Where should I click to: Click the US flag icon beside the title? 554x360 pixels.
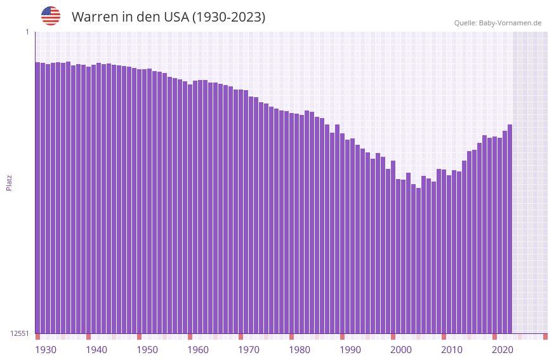point(51,16)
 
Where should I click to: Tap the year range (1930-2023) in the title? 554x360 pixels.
point(228,17)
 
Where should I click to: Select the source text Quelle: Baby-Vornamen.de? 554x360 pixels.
point(498,23)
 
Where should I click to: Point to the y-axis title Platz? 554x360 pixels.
point(9,182)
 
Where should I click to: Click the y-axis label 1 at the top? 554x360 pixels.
point(27,32)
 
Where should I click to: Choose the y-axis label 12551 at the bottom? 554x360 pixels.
point(18,333)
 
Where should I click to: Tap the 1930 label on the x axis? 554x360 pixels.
point(46,350)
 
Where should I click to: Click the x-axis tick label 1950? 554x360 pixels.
point(147,350)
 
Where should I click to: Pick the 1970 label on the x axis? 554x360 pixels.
point(249,350)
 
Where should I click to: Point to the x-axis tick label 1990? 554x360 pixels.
point(350,350)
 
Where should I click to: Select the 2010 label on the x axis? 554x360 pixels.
point(452,350)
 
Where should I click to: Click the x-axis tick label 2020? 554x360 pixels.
point(503,350)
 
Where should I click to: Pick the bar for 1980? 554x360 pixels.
point(291,223)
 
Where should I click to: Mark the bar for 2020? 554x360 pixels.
point(494,235)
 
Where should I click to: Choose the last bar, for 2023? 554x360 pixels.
point(510,229)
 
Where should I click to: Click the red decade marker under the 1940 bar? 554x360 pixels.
point(88,337)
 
